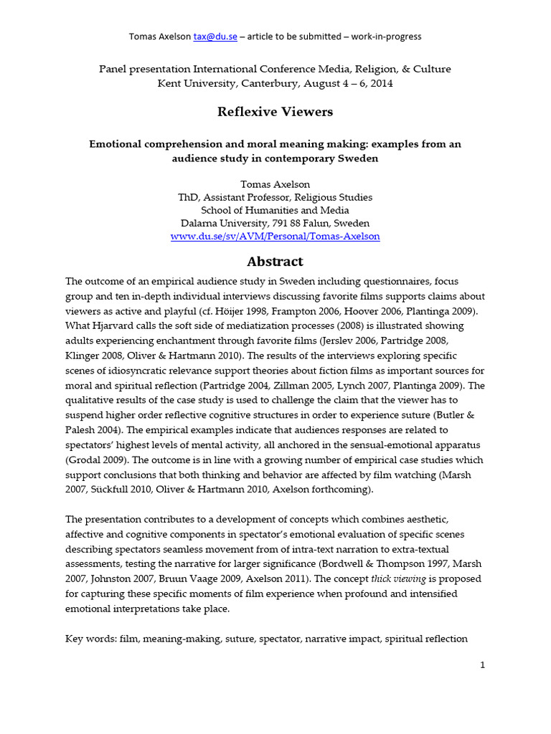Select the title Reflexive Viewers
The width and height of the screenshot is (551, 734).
[275, 112]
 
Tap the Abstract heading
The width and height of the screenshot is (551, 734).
[275, 261]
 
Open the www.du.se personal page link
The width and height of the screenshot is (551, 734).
[275, 236]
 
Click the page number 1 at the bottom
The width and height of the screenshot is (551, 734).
[483, 664]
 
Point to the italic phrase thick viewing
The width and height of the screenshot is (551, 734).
[406, 578]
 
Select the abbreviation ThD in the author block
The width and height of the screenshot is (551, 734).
[188, 197]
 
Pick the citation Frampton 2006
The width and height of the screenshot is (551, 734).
[321, 310]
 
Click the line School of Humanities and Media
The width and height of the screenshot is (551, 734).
[275, 210]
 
